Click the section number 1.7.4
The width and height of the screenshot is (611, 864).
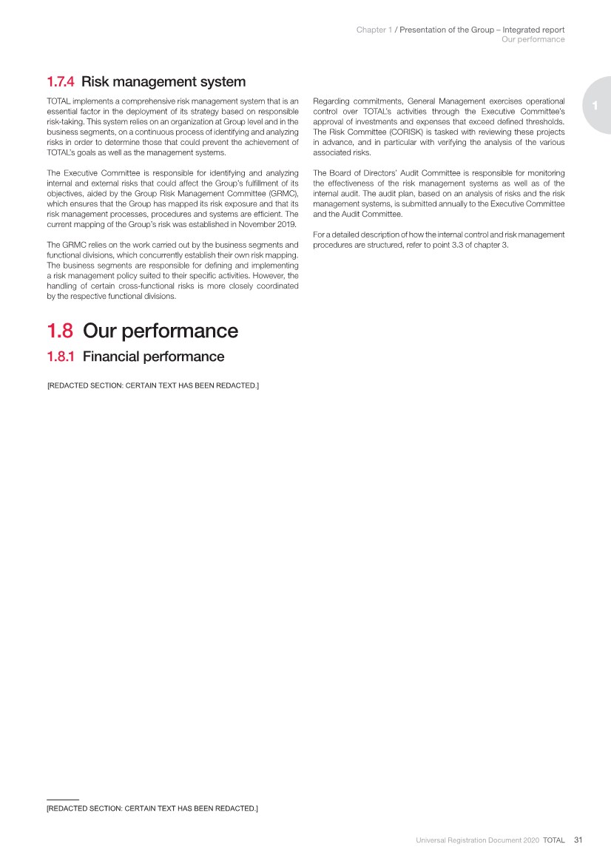pos(61,81)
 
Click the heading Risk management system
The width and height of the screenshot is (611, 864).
pos(163,81)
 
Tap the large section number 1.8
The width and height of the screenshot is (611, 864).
pos(61,331)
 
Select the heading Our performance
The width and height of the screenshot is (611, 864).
pos(161,331)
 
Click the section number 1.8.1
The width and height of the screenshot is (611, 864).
pos(61,357)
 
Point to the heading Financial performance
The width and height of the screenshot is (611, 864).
pos(153,357)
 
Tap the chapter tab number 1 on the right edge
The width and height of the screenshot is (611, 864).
pos(593,105)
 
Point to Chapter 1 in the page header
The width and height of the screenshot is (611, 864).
pos(374,30)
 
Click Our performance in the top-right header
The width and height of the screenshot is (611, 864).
pos(533,39)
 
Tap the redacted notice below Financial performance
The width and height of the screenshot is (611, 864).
pos(152,385)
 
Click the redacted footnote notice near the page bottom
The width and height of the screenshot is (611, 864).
pos(152,809)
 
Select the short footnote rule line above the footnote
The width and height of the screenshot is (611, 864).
pos(62,799)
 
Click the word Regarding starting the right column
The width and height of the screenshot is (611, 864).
pos(331,101)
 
